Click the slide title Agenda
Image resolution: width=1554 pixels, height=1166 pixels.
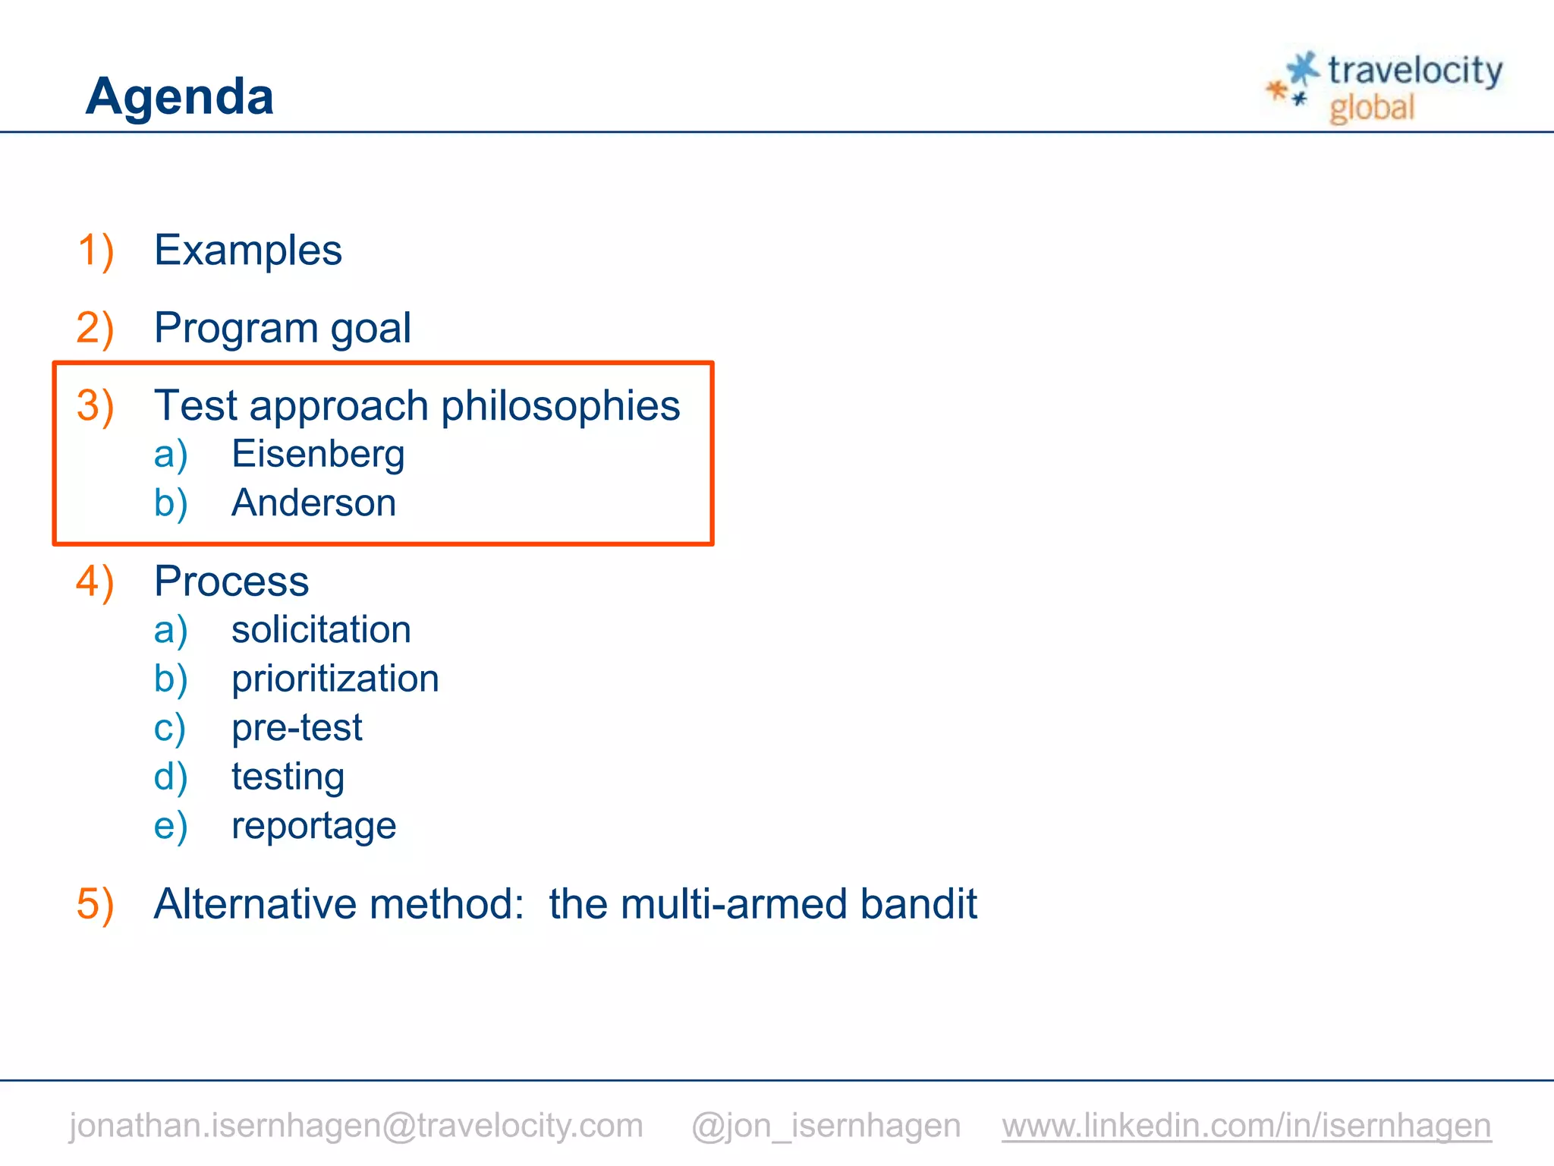point(180,96)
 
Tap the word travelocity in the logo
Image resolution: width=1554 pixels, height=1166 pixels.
point(1414,71)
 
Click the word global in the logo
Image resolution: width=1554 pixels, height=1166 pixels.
point(1372,108)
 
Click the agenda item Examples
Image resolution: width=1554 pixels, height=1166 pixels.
point(248,251)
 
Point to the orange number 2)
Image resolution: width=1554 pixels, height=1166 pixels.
point(96,328)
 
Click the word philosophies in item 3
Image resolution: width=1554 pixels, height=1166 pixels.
point(560,405)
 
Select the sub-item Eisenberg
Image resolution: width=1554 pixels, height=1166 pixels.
point(318,454)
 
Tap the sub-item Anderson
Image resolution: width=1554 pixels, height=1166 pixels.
point(313,503)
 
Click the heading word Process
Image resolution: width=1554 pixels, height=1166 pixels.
point(231,581)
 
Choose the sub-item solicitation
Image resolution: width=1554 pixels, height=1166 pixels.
point(321,630)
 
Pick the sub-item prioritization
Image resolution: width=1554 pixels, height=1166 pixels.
point(335,679)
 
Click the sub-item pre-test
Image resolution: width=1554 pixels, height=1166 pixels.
point(297,727)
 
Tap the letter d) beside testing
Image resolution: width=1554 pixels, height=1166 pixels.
point(171,777)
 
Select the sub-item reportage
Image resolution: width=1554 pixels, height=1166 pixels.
point(313,826)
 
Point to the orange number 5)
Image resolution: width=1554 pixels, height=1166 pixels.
point(96,904)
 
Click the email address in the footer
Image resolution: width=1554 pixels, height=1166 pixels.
point(356,1125)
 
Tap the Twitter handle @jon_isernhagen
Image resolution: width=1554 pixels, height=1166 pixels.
point(826,1125)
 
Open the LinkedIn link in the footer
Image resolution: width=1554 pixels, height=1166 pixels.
point(1246,1125)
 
